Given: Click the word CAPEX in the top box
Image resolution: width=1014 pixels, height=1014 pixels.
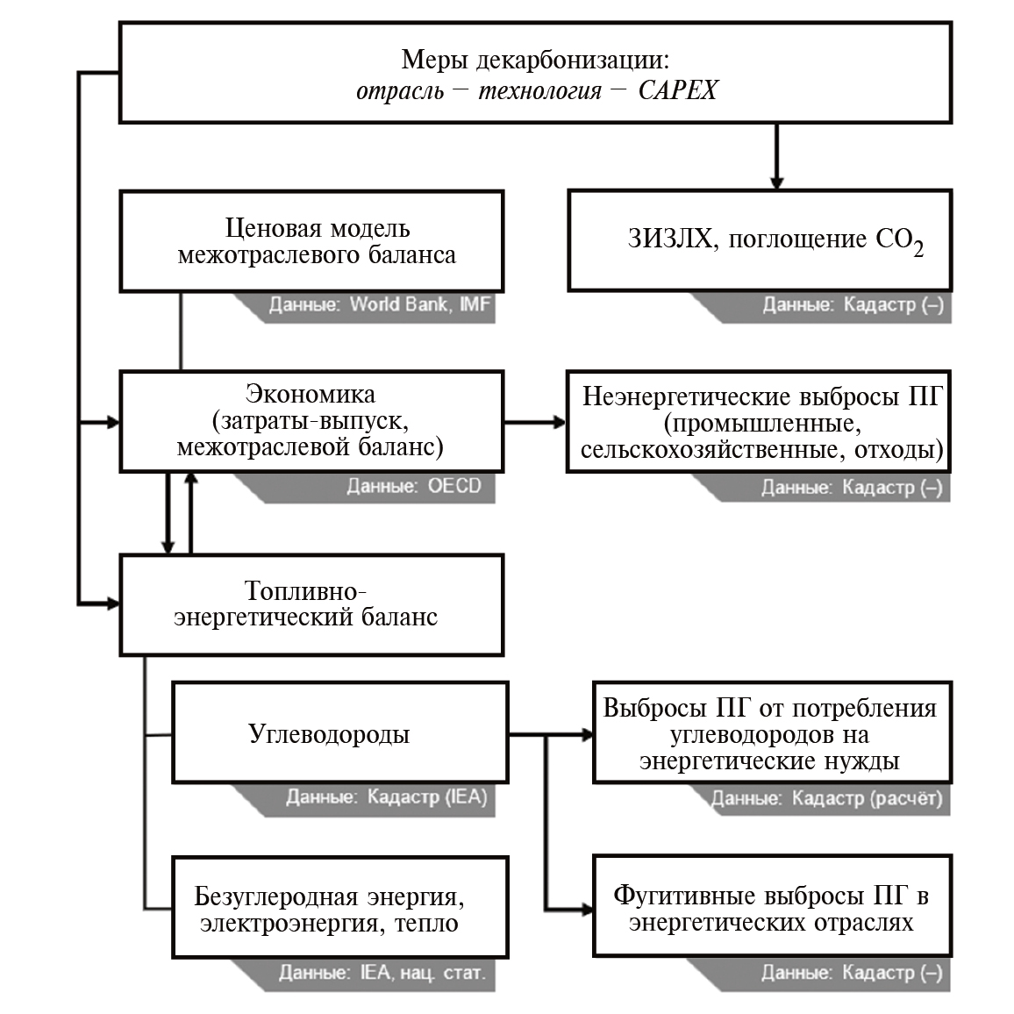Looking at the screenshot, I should pos(677,90).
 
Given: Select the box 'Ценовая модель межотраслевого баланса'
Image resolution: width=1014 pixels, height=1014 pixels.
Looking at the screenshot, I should pos(311,241).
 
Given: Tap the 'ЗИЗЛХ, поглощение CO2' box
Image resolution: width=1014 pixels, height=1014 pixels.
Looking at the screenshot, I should pos(760,239).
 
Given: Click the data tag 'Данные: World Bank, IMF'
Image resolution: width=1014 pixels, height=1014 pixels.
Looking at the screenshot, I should pos(379,306).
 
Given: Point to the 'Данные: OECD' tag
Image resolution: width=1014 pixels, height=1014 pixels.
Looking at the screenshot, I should pos(413,487).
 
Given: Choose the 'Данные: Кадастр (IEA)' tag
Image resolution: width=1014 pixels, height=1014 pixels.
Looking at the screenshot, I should pos(386,797).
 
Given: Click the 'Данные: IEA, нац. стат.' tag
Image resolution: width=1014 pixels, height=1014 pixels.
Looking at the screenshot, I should pos(382,973).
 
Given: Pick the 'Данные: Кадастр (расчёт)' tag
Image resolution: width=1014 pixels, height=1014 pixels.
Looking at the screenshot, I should pos(825,798).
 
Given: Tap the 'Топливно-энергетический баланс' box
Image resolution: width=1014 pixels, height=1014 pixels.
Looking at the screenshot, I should pos(311,604).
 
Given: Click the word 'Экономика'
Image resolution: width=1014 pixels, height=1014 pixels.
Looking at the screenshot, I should pos(311,395).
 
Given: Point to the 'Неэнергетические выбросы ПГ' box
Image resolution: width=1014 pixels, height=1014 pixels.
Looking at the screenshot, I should pos(760,422).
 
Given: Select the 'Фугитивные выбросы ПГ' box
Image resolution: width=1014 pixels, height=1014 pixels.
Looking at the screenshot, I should pos(772,908).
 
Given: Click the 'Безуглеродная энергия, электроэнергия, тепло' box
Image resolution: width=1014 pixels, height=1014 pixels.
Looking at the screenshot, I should pos(339,908).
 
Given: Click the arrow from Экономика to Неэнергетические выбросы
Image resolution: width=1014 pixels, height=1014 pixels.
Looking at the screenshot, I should pos(535,422).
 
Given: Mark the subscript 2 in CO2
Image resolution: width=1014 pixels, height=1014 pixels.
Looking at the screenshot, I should pos(918,249).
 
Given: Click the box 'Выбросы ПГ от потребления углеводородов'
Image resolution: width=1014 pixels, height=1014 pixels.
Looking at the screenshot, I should pos(772,733).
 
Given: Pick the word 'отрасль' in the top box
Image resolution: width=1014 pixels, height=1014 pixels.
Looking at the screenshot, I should pos(399,90).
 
